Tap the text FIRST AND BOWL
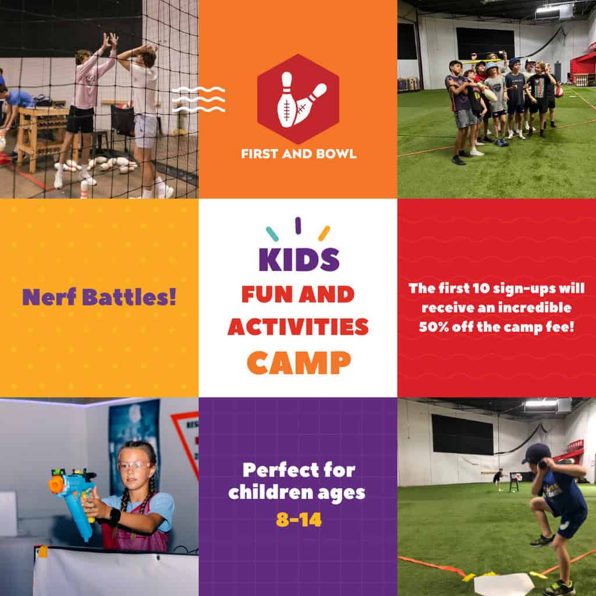[298, 154]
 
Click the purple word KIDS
[299, 260]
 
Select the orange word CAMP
[299, 362]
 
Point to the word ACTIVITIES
[298, 327]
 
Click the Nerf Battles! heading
[99, 297]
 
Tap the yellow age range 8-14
[298, 519]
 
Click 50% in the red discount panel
[434, 327]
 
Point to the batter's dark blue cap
[536, 453]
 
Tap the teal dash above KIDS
[272, 233]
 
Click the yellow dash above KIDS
[324, 233]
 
